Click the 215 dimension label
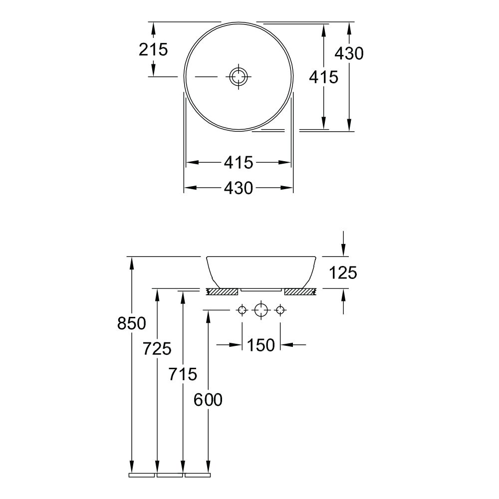(x=153, y=49)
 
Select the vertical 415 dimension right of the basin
(x=324, y=77)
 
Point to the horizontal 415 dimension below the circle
(x=239, y=163)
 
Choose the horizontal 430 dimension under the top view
(x=239, y=188)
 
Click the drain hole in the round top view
(x=239, y=76)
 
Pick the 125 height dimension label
(x=343, y=273)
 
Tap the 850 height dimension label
(x=132, y=323)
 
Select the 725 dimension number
(x=157, y=348)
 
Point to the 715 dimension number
(x=183, y=374)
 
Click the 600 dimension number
(x=208, y=399)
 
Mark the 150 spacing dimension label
(x=260, y=345)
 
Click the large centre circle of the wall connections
(x=261, y=310)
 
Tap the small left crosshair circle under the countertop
(x=243, y=310)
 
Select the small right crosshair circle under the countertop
(x=280, y=310)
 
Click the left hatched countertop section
(x=222, y=291)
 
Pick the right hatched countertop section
(x=300, y=291)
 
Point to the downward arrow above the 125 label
(x=343, y=244)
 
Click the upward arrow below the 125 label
(x=343, y=301)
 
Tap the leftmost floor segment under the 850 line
(x=142, y=476)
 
